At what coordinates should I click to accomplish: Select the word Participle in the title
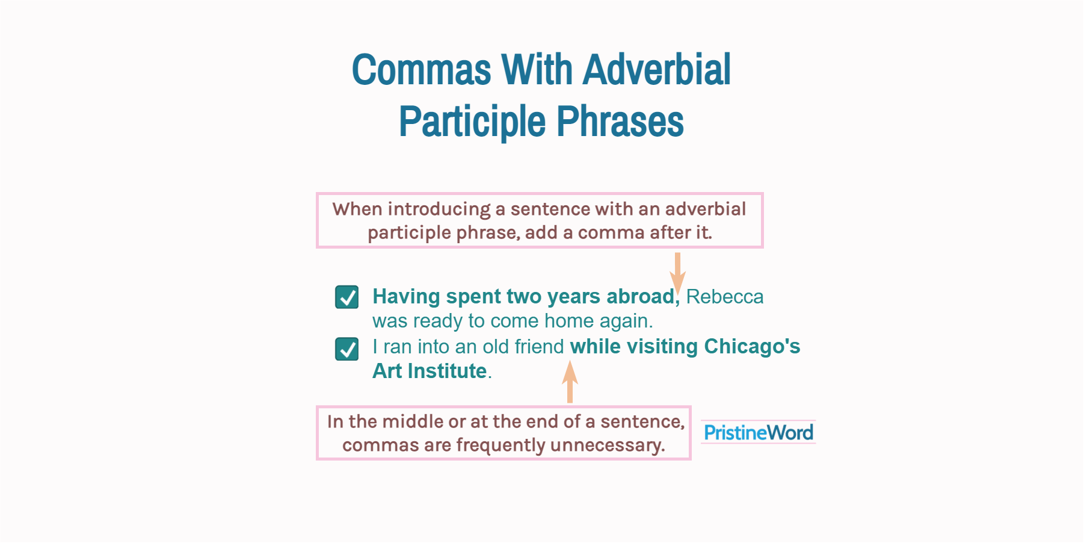[x=472, y=122]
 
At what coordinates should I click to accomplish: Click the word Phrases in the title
[x=620, y=121]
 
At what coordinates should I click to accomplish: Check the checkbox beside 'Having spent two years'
[x=347, y=297]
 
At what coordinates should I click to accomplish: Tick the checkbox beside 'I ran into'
[x=347, y=349]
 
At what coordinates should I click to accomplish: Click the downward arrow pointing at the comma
[x=677, y=274]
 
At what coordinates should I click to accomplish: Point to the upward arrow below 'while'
[x=570, y=382]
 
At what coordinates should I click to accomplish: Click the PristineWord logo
[x=759, y=432]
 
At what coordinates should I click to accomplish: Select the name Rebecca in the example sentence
[x=725, y=297]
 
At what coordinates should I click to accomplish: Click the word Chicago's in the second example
[x=753, y=346]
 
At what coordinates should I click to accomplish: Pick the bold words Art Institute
[x=430, y=371]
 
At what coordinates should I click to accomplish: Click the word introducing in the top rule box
[x=439, y=209]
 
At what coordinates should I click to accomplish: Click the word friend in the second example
[x=539, y=347]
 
